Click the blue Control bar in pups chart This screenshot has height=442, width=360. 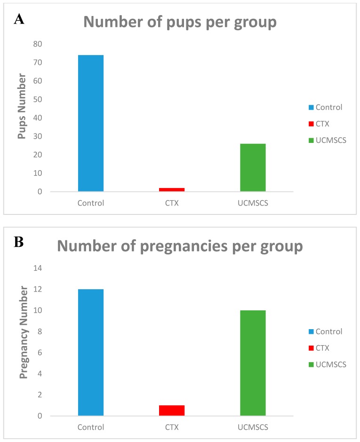click(91, 123)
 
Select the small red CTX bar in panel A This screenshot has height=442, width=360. click(172, 189)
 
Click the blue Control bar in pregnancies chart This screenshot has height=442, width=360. click(91, 352)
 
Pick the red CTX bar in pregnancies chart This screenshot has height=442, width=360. click(172, 410)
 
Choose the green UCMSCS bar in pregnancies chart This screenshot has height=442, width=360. click(253, 363)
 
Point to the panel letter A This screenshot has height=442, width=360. click(19, 19)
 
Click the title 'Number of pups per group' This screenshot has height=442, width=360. click(181, 22)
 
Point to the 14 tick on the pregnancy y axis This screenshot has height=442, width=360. click(37, 268)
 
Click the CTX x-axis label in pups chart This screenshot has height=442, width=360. click(172, 204)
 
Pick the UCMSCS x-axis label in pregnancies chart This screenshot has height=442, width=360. click(253, 427)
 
